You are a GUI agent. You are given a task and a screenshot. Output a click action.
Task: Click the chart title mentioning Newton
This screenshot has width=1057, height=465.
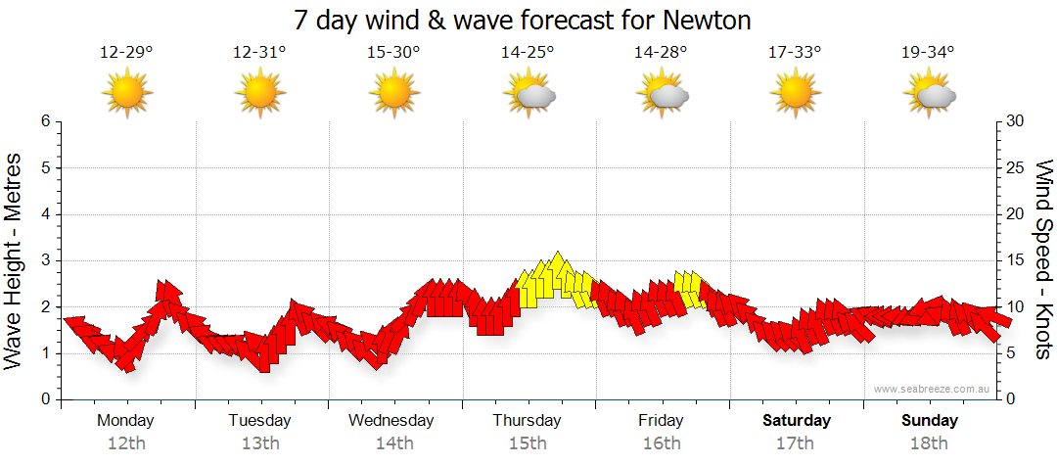(x=528, y=20)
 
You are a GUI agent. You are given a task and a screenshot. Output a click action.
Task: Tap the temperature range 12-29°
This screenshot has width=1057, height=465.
(x=126, y=53)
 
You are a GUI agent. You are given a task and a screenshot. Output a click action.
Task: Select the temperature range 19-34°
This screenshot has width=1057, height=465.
(x=928, y=53)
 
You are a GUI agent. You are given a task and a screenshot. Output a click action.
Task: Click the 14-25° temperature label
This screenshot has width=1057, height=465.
(x=528, y=53)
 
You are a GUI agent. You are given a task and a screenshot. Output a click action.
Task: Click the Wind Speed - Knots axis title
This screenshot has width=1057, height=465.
(x=1043, y=259)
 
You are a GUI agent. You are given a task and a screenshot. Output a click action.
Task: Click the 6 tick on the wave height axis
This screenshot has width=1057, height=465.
(x=45, y=121)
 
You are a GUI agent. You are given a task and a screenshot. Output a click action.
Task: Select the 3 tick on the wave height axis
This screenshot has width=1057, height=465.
(x=45, y=260)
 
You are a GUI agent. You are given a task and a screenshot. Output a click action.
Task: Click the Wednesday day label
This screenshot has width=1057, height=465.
(x=391, y=421)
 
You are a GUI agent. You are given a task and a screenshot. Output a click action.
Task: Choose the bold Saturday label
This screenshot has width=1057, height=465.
(x=797, y=421)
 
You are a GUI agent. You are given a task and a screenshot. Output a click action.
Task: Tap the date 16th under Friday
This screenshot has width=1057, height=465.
(x=662, y=443)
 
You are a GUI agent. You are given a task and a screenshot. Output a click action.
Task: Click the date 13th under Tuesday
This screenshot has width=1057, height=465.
(x=259, y=443)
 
